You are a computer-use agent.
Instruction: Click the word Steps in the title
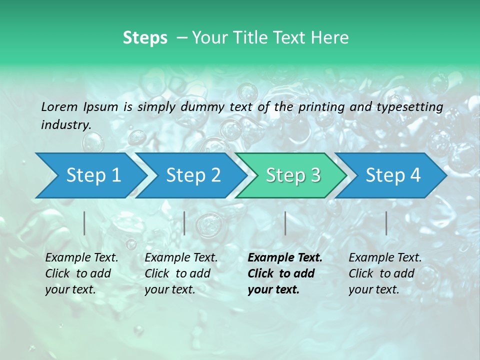click(145, 38)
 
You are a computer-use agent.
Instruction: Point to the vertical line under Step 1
click(84, 223)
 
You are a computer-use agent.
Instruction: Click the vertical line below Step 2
click(184, 223)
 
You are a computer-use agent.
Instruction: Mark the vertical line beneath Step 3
click(285, 223)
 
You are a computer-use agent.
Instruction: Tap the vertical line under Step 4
click(386, 223)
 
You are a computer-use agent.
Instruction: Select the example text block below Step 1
click(81, 273)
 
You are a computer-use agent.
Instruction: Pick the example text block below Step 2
click(181, 273)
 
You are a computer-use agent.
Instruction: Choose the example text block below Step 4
click(385, 273)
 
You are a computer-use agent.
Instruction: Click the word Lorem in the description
click(59, 106)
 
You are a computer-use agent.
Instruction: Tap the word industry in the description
click(65, 125)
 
